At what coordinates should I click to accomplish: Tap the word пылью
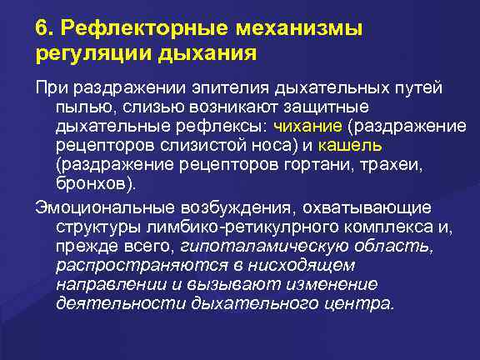(x=82, y=107)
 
